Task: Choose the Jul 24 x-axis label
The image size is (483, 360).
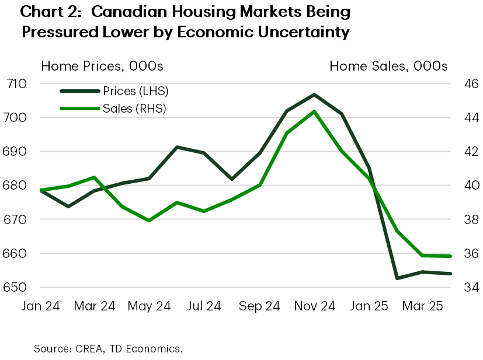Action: coord(205,305)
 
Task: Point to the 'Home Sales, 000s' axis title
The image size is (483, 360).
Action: coord(388,66)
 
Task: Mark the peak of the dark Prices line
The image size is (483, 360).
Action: coord(314,94)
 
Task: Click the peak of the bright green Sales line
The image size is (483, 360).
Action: coord(314,111)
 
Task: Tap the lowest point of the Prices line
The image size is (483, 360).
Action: coord(397,278)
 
